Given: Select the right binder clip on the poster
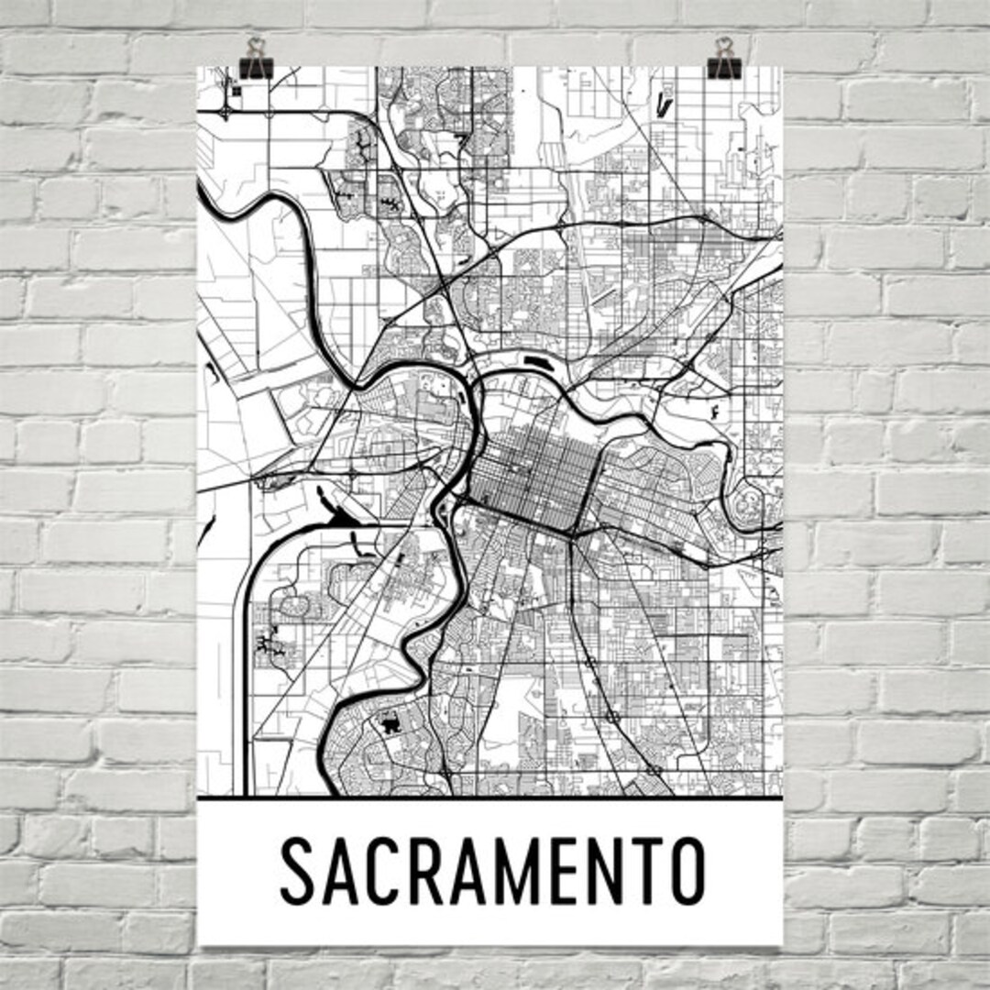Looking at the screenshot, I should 726,59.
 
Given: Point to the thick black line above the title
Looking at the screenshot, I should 489,798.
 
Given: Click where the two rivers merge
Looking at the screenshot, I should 477,385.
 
